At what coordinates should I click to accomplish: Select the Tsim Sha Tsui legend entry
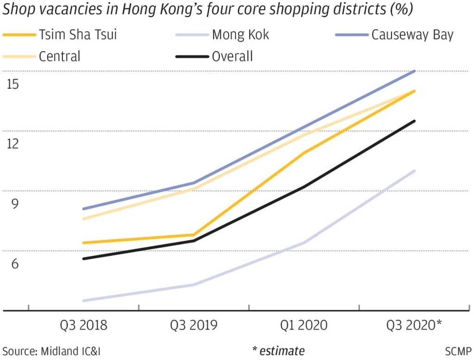[77, 35]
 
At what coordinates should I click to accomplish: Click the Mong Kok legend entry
[240, 35]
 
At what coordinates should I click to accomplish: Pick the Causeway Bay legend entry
[412, 35]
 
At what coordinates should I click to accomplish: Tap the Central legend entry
[59, 56]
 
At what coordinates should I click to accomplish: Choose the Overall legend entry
[232, 56]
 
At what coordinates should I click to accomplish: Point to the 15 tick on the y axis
[12, 85]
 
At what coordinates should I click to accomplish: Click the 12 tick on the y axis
[12, 144]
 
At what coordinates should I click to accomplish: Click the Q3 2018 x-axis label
[84, 325]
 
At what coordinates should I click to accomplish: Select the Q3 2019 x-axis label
[193, 325]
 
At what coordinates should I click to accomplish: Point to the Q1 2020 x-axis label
[304, 325]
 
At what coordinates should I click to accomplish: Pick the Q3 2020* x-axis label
[414, 325]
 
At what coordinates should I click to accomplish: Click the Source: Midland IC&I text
[51, 350]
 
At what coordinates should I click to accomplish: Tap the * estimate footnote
[278, 350]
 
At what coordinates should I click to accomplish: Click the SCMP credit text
[458, 350]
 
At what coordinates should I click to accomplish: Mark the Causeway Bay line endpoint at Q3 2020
[414, 71]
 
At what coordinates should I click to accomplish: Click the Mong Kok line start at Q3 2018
[84, 301]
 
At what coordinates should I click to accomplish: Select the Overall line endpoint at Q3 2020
[414, 121]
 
